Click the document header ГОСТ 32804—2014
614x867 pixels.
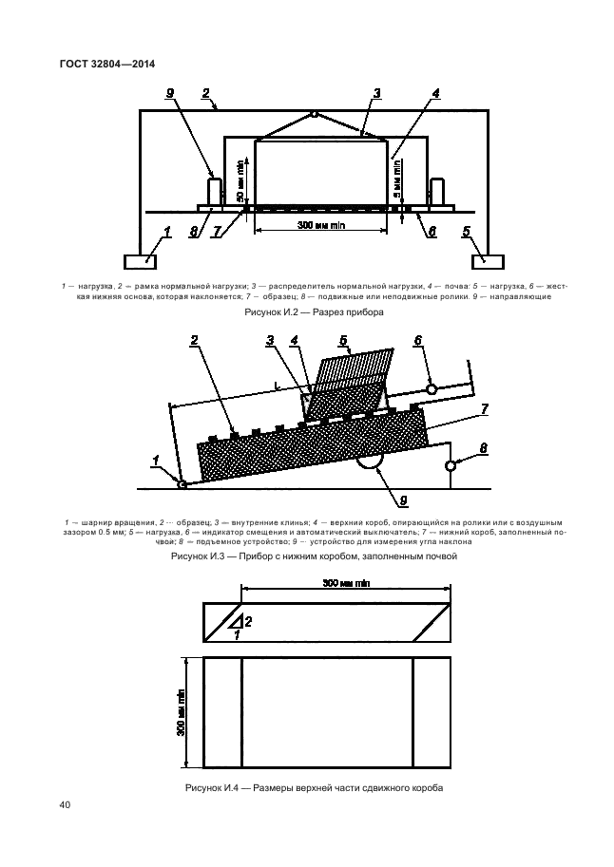click(107, 65)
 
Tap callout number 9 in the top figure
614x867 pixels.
click(169, 93)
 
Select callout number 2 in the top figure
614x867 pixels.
click(205, 93)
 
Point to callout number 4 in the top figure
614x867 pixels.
click(435, 93)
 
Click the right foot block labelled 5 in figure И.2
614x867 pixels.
click(488, 261)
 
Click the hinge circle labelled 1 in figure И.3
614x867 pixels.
click(182, 483)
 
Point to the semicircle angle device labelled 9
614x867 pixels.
click(368, 462)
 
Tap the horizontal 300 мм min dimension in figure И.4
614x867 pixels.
click(345, 582)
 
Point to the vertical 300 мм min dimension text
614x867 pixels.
click(181, 711)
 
